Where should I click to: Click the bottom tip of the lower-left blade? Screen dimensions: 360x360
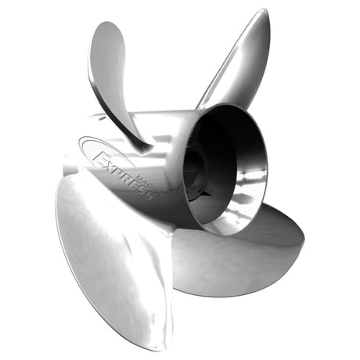click(x=157, y=344)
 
